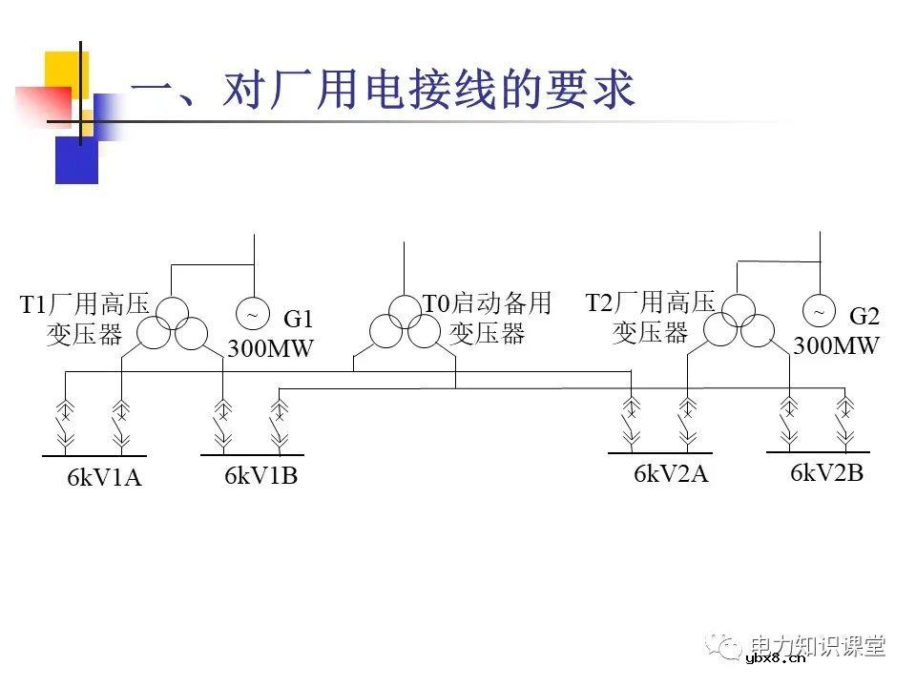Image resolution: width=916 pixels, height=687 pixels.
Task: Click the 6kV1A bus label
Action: [104, 478]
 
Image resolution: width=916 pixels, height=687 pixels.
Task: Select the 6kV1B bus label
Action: [261, 474]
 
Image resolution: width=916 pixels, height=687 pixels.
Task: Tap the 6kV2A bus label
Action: [671, 473]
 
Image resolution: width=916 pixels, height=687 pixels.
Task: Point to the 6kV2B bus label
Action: [826, 472]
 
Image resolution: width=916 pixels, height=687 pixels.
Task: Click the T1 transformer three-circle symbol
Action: [173, 323]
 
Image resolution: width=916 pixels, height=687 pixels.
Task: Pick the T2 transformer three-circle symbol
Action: [738, 322]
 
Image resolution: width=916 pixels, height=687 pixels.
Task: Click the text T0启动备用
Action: [488, 304]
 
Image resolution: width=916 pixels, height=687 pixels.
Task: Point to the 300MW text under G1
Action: [270, 348]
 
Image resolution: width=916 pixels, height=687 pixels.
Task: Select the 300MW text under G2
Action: [836, 345]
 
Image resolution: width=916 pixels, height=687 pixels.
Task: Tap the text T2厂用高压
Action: [650, 303]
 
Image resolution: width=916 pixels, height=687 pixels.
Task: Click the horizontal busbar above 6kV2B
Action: [818, 450]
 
